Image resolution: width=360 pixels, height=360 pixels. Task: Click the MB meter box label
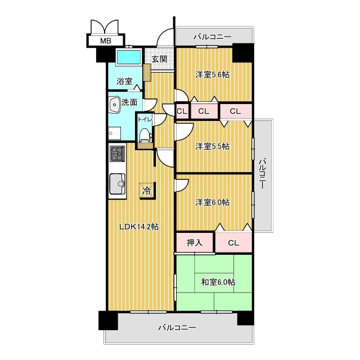[x=106, y=41]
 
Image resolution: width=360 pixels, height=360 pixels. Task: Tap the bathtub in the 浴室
[x=129, y=57]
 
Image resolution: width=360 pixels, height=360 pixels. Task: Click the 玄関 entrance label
[x=159, y=59]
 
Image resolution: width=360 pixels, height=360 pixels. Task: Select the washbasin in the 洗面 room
[x=114, y=105]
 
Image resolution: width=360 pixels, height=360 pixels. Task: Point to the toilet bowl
[x=145, y=135]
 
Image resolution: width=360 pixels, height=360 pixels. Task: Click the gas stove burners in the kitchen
[x=118, y=154]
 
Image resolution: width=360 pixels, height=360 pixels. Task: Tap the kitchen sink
[x=118, y=184]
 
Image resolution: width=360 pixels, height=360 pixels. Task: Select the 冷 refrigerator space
[x=147, y=191]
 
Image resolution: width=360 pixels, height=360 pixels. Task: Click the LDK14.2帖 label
[x=139, y=227]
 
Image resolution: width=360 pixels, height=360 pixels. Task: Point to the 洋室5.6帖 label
[x=213, y=75]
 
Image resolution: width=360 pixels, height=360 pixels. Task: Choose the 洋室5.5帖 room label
[x=213, y=146]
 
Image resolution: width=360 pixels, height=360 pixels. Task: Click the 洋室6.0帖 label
[x=213, y=202]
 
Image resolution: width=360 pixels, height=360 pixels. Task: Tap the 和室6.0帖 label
[x=218, y=282]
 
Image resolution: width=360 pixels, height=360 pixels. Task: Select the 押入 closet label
[x=195, y=242]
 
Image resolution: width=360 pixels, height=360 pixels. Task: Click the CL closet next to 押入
[x=234, y=243]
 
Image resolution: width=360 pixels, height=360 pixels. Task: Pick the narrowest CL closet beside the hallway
[x=182, y=111]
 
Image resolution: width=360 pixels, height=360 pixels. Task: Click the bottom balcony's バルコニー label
[x=177, y=327]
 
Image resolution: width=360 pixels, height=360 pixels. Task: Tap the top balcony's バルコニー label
[x=213, y=37]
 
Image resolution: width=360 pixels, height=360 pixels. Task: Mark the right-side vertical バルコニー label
[x=263, y=173]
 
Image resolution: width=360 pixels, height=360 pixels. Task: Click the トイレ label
[x=145, y=119]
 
